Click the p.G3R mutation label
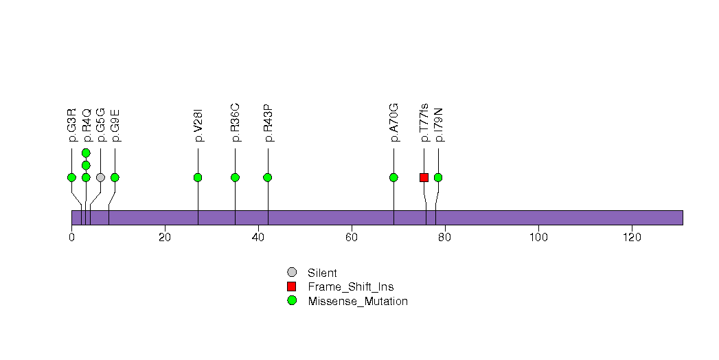tap(72, 125)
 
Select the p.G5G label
tap(101, 125)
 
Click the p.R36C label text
tap(236, 122)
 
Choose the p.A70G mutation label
tap(394, 122)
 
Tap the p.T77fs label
tap(424, 122)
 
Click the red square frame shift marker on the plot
tap(424, 177)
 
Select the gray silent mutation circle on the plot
tap(101, 177)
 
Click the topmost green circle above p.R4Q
tap(87, 153)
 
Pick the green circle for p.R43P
tap(268, 177)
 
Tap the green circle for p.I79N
tap(438, 177)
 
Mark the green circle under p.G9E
tap(115, 177)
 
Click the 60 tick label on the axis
tap(352, 238)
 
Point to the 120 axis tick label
tap(632, 238)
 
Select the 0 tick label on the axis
tap(71, 238)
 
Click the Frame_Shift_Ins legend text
tap(351, 287)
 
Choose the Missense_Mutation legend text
tap(358, 302)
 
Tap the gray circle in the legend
tap(292, 273)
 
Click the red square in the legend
tap(292, 286)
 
